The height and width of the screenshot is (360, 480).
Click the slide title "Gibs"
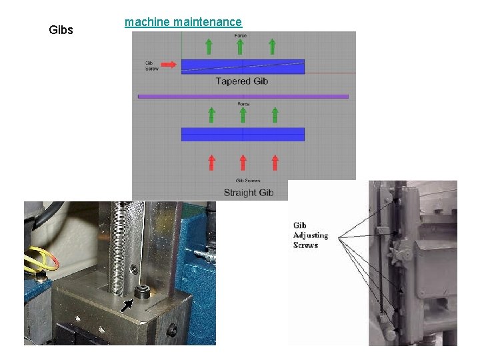[61, 30]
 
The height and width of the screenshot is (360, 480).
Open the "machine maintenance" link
[183, 23]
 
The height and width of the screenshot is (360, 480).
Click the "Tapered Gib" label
[242, 81]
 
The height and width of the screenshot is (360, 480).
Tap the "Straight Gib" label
[249, 193]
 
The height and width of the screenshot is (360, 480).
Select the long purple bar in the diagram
[243, 96]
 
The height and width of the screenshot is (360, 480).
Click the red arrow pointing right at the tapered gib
[169, 65]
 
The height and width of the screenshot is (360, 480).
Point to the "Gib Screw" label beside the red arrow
[151, 65]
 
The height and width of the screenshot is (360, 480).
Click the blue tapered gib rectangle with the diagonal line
[243, 67]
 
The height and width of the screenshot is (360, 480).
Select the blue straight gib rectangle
[243, 134]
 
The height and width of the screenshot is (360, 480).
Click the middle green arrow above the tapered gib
[241, 46]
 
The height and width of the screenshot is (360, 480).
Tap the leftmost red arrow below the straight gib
[211, 163]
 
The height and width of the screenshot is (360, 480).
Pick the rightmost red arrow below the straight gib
[275, 163]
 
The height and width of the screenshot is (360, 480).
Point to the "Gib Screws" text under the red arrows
[247, 181]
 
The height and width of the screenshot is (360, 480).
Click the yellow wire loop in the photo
[41, 259]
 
